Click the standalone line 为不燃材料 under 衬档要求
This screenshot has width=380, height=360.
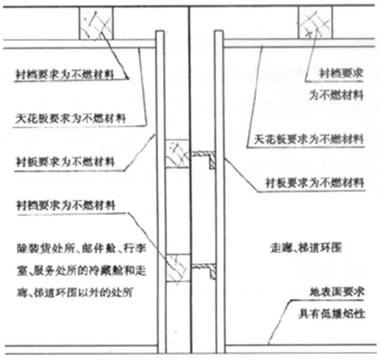(x=336, y=94)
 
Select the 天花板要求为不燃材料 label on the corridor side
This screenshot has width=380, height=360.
(x=306, y=139)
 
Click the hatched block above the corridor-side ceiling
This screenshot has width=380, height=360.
(x=316, y=23)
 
